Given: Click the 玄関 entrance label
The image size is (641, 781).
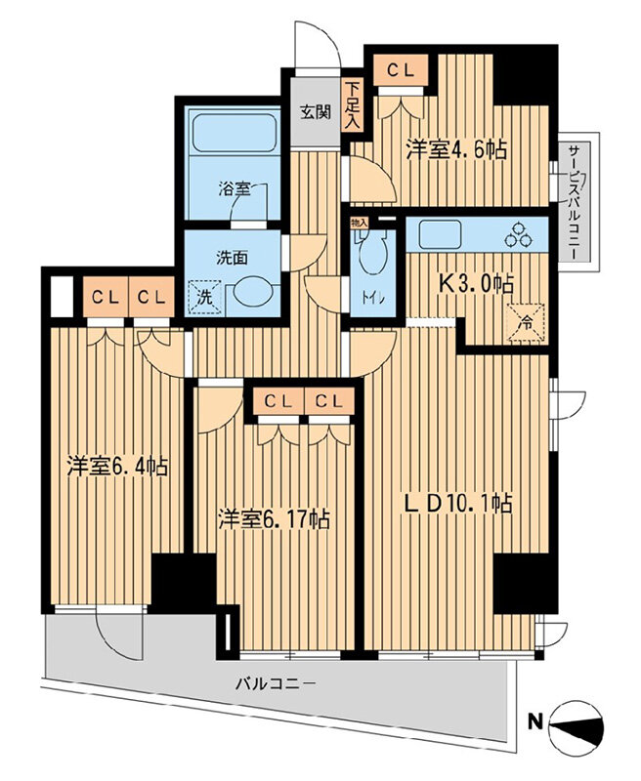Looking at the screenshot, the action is (316, 112).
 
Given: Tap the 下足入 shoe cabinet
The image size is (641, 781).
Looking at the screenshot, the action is (353, 106).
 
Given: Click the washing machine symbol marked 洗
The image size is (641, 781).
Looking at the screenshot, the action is (204, 297).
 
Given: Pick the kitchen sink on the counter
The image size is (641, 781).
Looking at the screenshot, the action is (440, 234).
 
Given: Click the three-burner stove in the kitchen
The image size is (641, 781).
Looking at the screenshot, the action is (520, 234).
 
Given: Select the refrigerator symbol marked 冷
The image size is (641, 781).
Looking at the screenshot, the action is (526, 324).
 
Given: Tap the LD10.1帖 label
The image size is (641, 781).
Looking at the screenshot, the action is (457, 504).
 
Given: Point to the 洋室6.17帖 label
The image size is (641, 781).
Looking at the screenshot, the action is (275, 519).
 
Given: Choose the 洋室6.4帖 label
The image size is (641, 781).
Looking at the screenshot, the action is (117, 467).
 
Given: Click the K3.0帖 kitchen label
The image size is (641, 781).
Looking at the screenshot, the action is (476, 283).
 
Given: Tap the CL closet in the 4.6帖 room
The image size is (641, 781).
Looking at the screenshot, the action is (401, 70).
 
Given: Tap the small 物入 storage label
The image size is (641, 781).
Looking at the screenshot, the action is (359, 223).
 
